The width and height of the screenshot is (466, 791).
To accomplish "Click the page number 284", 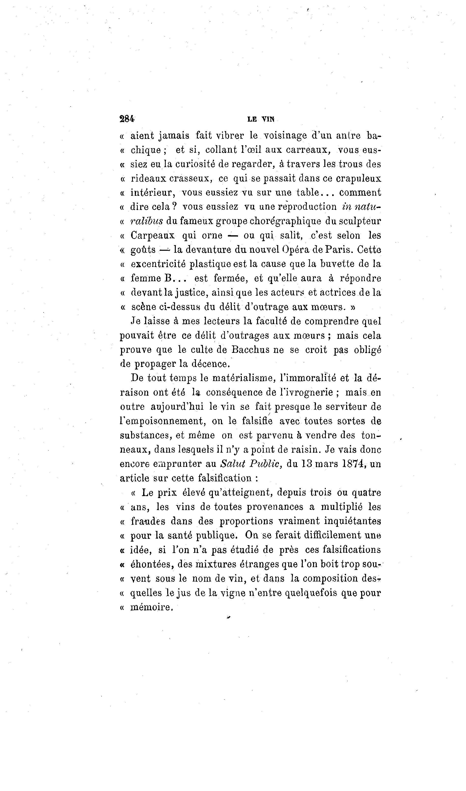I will click(x=127, y=119).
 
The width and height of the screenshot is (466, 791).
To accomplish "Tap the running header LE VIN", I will click(x=261, y=119).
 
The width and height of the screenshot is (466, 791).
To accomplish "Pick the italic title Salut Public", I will click(x=251, y=464).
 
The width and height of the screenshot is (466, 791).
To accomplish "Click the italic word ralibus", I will click(x=147, y=221).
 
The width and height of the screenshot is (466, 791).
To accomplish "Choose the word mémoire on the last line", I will click(x=151, y=607).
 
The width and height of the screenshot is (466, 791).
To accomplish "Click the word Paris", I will click(x=339, y=250).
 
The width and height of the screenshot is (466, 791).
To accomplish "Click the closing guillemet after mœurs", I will click(x=353, y=307).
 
